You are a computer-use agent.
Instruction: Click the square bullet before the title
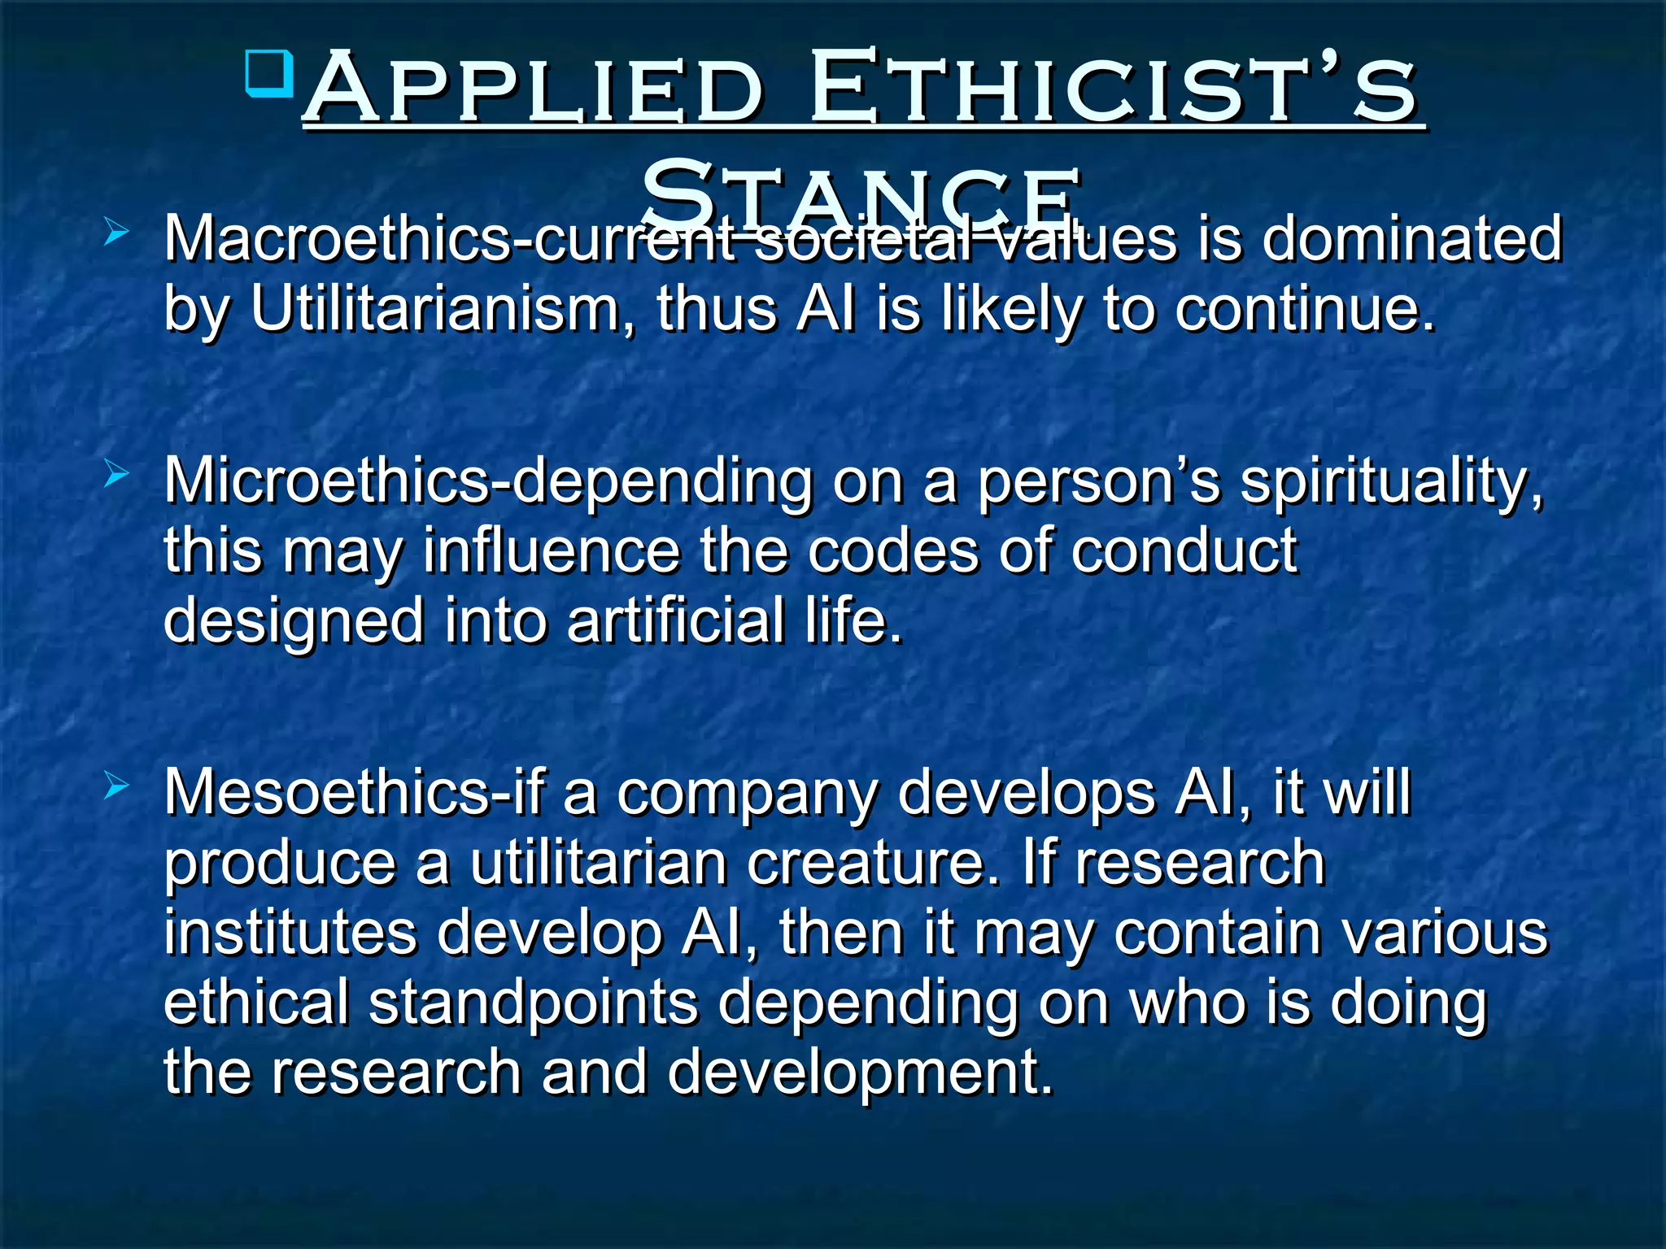click(269, 74)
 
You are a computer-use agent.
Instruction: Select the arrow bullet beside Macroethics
click(117, 233)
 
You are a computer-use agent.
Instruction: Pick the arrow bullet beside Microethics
click(117, 475)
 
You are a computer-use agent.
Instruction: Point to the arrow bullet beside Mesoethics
click(117, 786)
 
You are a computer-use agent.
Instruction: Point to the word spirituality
click(1391, 481)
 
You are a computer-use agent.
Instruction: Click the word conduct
click(1184, 551)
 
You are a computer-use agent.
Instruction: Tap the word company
click(747, 793)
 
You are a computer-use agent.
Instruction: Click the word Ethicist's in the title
click(1114, 88)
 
